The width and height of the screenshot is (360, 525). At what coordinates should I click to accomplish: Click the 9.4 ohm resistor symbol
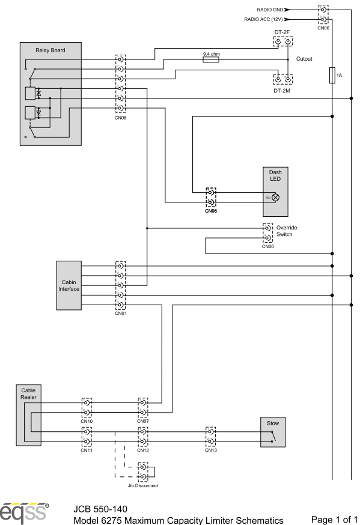pyautogui.click(x=211, y=59)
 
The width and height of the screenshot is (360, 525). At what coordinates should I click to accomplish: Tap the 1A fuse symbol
pyautogui.click(x=332, y=75)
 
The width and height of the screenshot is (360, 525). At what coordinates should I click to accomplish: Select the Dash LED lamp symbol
pyautogui.click(x=275, y=197)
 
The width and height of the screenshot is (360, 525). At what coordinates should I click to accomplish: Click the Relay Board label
pyautogui.click(x=50, y=50)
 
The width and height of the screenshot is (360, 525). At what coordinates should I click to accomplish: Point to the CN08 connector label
pyautogui.click(x=121, y=118)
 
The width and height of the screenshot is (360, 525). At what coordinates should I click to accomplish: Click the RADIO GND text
pyautogui.click(x=270, y=10)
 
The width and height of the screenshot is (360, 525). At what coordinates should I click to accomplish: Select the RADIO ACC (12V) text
pyautogui.click(x=263, y=19)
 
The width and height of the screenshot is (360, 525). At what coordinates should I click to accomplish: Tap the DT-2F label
pyautogui.click(x=282, y=32)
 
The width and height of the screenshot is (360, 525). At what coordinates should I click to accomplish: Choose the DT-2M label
pyautogui.click(x=282, y=91)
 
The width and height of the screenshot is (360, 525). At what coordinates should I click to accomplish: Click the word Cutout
pyautogui.click(x=304, y=59)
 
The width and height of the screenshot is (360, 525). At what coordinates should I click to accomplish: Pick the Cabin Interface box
pyautogui.click(x=69, y=285)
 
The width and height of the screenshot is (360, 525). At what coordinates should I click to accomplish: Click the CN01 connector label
pyautogui.click(x=121, y=314)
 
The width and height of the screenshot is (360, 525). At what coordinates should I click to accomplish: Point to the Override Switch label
pyautogui.click(x=287, y=231)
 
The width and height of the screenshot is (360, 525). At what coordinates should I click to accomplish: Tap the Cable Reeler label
pyautogui.click(x=28, y=394)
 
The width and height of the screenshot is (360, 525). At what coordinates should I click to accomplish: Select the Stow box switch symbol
pyautogui.click(x=273, y=436)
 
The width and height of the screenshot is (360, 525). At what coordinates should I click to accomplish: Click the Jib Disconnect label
pyautogui.click(x=143, y=485)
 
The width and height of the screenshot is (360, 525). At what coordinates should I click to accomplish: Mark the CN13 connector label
pyautogui.click(x=211, y=451)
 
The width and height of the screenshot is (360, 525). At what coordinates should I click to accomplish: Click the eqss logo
pyautogui.click(x=24, y=512)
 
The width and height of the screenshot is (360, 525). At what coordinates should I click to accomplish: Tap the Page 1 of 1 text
pyautogui.click(x=334, y=520)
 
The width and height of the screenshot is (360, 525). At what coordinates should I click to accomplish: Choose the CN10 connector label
pyautogui.click(x=87, y=421)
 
